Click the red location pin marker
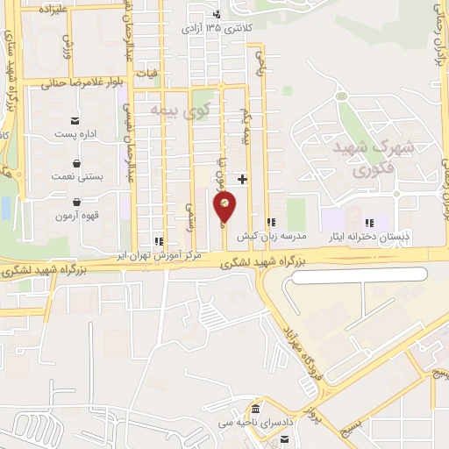coord(225,208)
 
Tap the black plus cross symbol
coord(242,179)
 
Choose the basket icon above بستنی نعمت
coord(77,163)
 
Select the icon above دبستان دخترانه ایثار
coord(369,223)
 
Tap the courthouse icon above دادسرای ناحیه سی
coord(255,410)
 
